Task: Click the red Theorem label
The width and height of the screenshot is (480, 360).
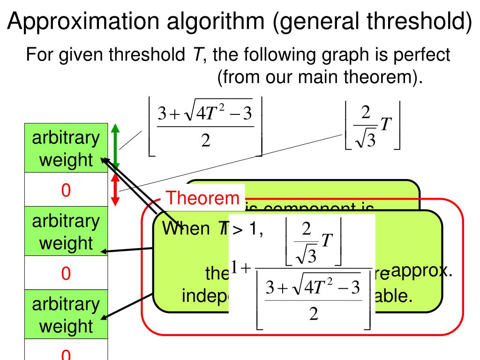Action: [x=203, y=198]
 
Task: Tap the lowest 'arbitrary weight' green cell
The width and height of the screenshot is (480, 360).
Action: [x=66, y=314]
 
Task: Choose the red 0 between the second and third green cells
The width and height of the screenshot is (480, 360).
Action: [x=66, y=273]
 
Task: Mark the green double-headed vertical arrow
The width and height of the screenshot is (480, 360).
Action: [x=116, y=147]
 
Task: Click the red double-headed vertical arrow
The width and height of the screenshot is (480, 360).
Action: [x=116, y=189]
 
